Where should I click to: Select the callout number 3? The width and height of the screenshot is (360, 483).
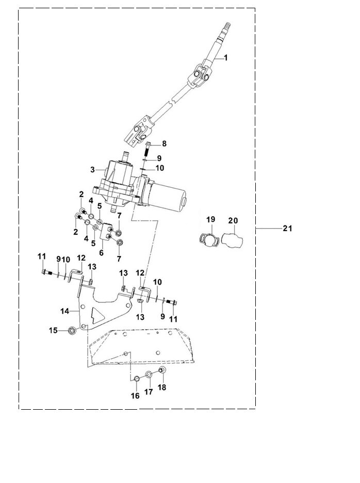(92, 169)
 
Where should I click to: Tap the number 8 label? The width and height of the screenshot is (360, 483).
(164, 143)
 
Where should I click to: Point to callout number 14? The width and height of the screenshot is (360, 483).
(65, 311)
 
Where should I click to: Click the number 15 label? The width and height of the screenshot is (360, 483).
(54, 330)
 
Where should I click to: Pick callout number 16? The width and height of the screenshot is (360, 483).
(135, 396)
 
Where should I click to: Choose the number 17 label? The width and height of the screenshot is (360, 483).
(149, 392)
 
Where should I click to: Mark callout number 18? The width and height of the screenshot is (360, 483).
(162, 388)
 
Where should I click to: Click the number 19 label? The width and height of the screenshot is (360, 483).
(210, 220)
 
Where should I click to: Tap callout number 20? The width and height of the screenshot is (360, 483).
(233, 220)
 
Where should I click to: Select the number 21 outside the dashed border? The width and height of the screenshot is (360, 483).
(287, 228)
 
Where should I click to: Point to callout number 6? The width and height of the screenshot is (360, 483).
(101, 253)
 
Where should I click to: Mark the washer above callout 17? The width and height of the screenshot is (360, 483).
(149, 375)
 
